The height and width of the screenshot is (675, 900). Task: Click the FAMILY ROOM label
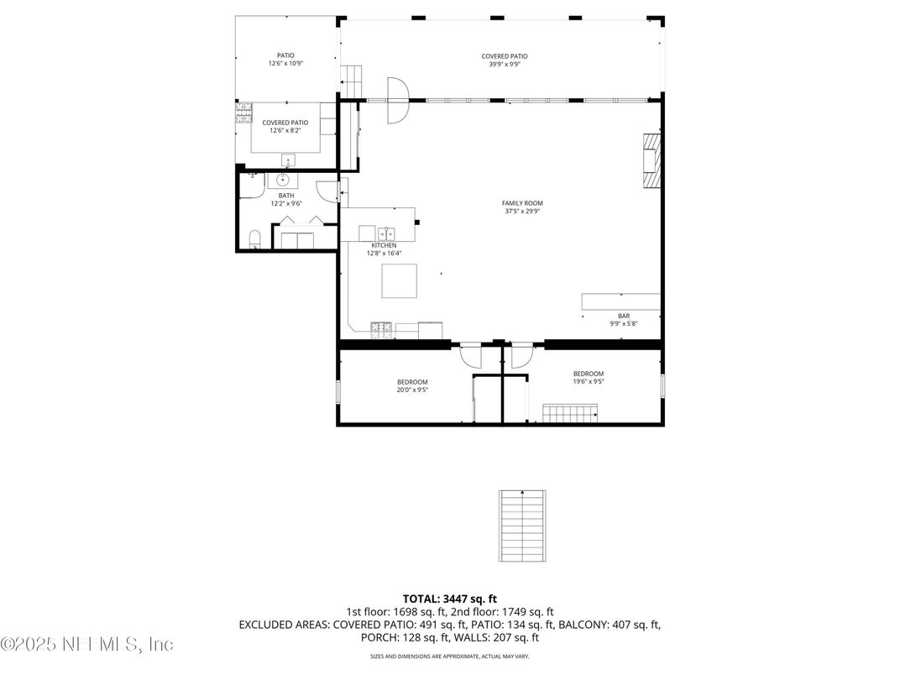pyautogui.click(x=522, y=203)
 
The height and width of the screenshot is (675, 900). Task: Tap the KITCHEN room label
pyautogui.click(x=384, y=245)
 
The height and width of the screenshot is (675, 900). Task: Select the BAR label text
pyautogui.click(x=624, y=316)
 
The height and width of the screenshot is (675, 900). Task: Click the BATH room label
pyautogui.click(x=286, y=196)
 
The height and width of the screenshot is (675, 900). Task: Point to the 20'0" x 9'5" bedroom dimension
pyautogui.click(x=412, y=390)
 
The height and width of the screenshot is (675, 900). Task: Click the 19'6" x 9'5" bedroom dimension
pyautogui.click(x=588, y=381)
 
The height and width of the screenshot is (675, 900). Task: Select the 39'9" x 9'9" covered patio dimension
pyautogui.click(x=505, y=64)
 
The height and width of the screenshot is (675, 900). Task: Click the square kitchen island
pyautogui.click(x=400, y=280)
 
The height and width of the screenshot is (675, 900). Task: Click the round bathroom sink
pyautogui.click(x=283, y=180)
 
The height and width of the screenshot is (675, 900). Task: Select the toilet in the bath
pyautogui.click(x=255, y=239)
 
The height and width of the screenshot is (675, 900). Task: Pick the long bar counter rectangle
pyautogui.click(x=621, y=301)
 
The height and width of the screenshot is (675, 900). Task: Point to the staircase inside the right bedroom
pyautogui.click(x=570, y=414)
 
